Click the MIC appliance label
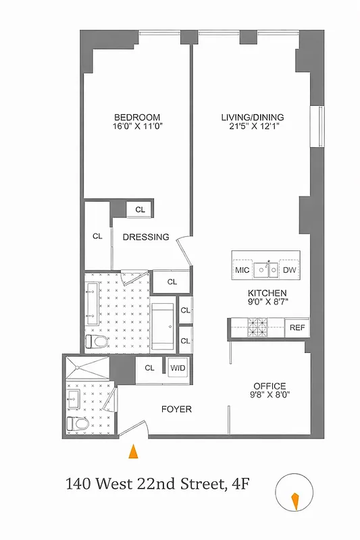tap(242, 270)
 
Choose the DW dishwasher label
tap(289, 270)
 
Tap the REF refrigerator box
tap(297, 327)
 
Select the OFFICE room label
tap(269, 386)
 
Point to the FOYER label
tap(176, 410)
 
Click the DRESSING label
tap(145, 237)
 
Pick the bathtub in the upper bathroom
tap(162, 325)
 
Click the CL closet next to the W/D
tap(149, 368)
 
